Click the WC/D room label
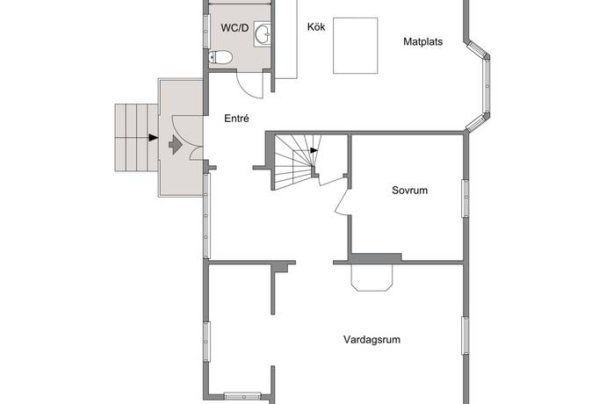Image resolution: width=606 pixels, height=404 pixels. [x=234, y=28]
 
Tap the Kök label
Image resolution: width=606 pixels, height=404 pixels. [x=316, y=26]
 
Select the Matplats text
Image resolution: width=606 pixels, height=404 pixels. [x=422, y=41]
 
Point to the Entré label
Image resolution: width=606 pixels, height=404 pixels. [x=236, y=119]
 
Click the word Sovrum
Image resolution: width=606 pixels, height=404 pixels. [x=409, y=191]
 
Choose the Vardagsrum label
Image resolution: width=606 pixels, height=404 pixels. [x=372, y=339]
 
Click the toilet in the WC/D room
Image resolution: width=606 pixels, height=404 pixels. [x=220, y=58]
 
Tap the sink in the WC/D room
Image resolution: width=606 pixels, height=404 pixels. [x=263, y=34]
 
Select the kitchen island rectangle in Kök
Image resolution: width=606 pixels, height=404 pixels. [x=356, y=46]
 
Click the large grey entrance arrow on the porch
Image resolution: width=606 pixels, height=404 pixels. [x=176, y=145]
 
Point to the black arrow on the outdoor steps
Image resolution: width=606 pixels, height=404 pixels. [x=154, y=138]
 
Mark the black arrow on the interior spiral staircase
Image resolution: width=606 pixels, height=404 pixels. [x=314, y=150]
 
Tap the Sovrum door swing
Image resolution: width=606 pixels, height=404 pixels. [x=342, y=200]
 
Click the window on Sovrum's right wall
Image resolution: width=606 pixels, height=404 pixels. [x=465, y=198]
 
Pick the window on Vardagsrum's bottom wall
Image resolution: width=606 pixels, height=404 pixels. [x=242, y=396]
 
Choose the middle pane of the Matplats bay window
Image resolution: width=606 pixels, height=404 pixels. [x=487, y=86]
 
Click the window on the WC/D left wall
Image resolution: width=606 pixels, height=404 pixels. [x=206, y=31]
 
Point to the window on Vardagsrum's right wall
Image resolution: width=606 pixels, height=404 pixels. [x=465, y=335]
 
